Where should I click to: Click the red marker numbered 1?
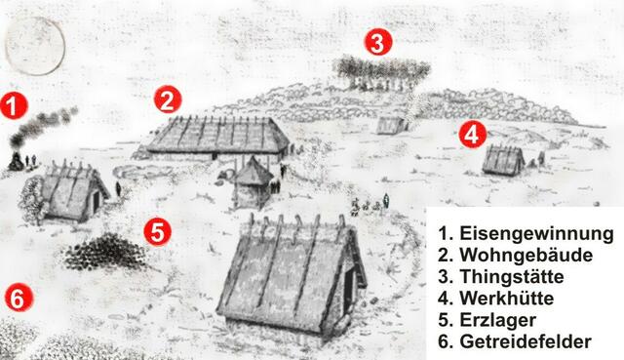tap(14, 106)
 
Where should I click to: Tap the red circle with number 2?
tap(168, 100)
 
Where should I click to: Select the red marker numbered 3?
tap(378, 42)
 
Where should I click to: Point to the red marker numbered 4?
tap(472, 135)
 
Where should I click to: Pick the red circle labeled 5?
tap(158, 232)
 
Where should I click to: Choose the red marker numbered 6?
tap(19, 298)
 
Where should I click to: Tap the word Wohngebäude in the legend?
tap(526, 255)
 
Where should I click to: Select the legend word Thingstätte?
tap(512, 276)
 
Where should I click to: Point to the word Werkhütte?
tap(507, 298)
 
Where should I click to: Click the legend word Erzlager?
tap(498, 320)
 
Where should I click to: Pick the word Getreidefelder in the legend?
tap(526, 341)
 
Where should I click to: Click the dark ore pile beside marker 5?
tap(105, 252)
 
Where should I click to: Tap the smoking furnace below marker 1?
tap(16, 160)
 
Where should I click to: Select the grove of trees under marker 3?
tap(381, 72)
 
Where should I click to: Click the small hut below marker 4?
tap(503, 160)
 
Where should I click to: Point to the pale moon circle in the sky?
tap(35, 46)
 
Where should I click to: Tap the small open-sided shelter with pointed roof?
tap(253, 183)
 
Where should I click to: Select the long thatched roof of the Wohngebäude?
tap(218, 135)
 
